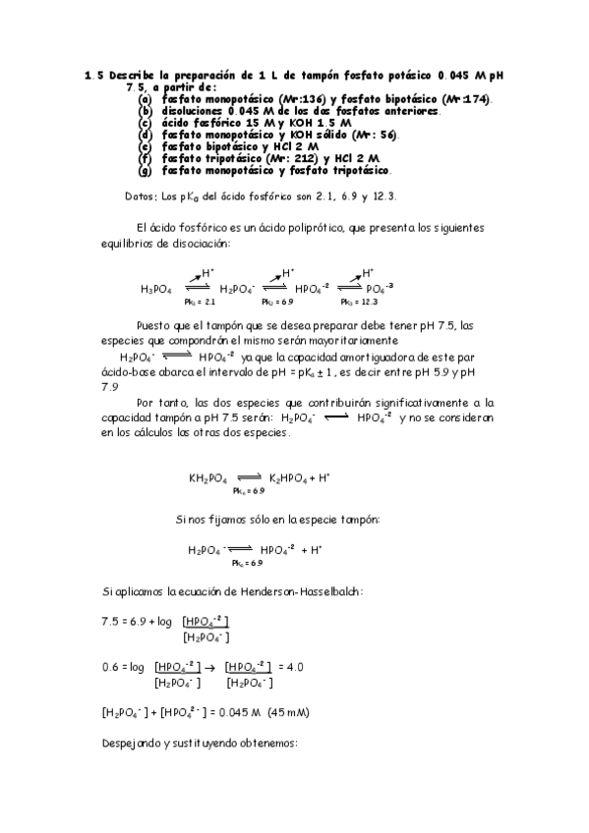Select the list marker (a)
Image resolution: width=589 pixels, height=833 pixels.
click(145, 99)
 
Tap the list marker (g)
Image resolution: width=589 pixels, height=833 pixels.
click(145, 170)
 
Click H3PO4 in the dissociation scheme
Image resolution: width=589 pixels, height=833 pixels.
click(156, 289)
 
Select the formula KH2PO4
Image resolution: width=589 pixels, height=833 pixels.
click(207, 478)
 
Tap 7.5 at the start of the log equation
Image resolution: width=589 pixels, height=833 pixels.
click(111, 622)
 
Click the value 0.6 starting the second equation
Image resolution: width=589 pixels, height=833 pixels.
click(110, 666)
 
